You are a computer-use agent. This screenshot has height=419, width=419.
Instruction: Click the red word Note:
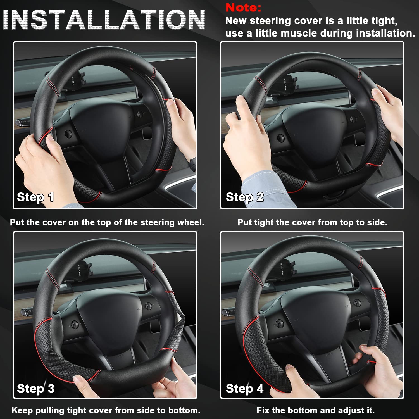tap(243, 8)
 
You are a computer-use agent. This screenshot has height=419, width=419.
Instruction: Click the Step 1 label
tap(35, 197)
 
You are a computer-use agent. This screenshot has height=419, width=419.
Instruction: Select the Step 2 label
tap(245, 197)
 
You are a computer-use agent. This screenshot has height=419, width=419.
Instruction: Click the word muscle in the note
tap(299, 34)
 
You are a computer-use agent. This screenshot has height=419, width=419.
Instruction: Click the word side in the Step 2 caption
tap(378, 222)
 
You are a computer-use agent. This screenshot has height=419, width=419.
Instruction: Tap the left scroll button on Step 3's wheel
tap(75, 324)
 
